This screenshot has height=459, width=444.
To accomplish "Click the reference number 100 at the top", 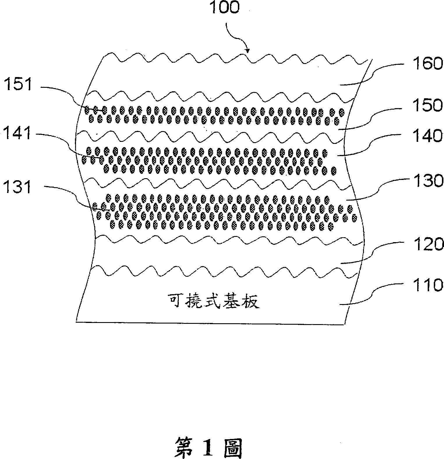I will pos(224,8).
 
